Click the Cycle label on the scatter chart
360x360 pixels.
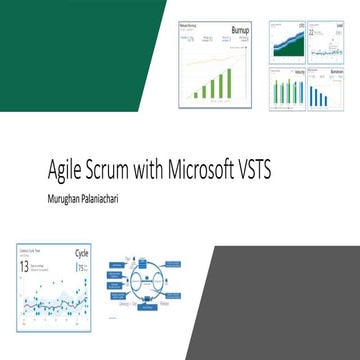[82, 255]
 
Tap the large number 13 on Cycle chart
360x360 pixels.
[23, 267]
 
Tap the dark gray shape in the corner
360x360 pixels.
[290, 300]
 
